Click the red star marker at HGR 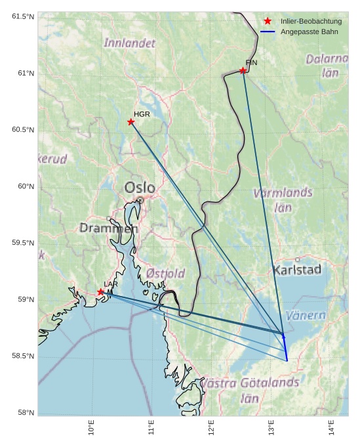131,121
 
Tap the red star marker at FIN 243,70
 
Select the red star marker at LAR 100,292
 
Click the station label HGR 142,114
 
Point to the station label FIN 251,62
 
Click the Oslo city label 140,188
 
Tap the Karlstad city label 297,270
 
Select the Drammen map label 109,228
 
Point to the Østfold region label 165,273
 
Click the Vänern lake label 306,316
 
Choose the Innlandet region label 130,43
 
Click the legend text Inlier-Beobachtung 311,22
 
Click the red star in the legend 268,22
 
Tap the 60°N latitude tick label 24,186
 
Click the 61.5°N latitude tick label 22,16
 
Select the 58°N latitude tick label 24,413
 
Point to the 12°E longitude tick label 211,427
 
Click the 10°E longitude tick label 91,427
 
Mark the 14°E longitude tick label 331,427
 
